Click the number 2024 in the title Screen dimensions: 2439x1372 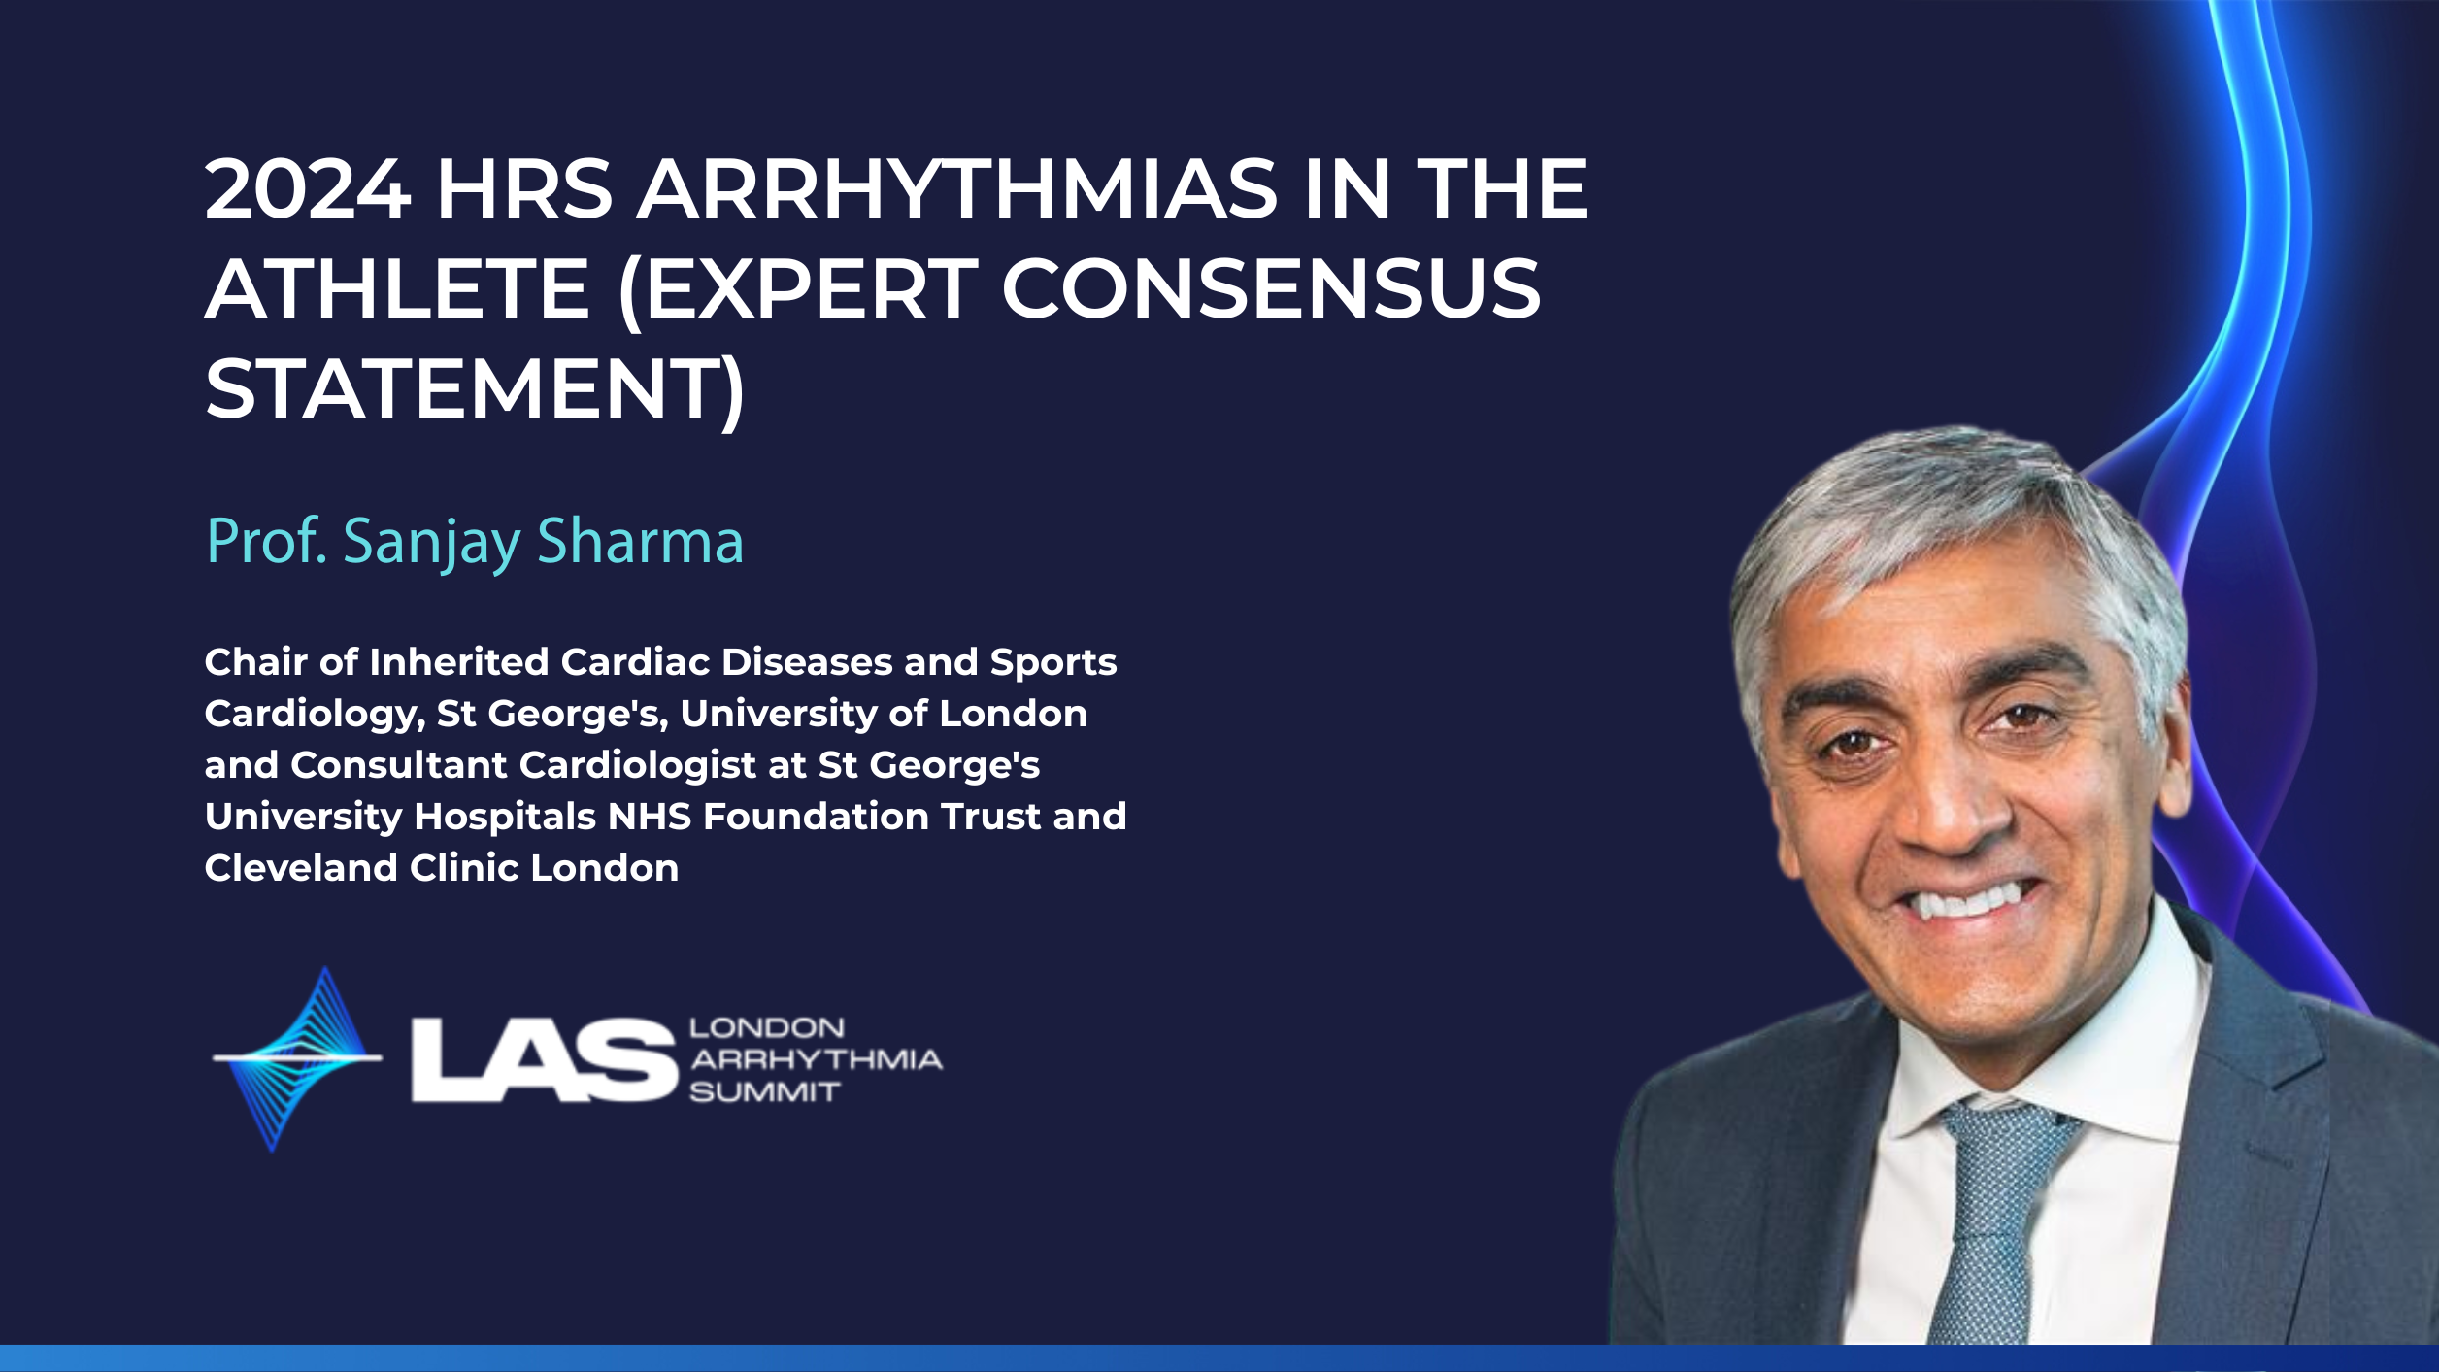308,188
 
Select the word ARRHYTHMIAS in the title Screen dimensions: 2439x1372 956,188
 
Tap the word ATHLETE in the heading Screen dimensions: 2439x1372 398,288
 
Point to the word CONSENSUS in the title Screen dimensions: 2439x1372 1271,288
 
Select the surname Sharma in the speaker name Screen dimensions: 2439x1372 640,541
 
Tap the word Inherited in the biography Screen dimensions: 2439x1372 459,662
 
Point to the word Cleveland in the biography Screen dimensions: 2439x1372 301,868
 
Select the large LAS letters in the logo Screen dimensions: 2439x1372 544,1059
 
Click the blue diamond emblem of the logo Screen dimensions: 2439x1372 296,1058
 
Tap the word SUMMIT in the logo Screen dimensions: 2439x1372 764,1092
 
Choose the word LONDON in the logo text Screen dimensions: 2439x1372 767,1028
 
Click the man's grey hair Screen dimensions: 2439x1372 1952,515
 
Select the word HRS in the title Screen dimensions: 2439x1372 524,188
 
